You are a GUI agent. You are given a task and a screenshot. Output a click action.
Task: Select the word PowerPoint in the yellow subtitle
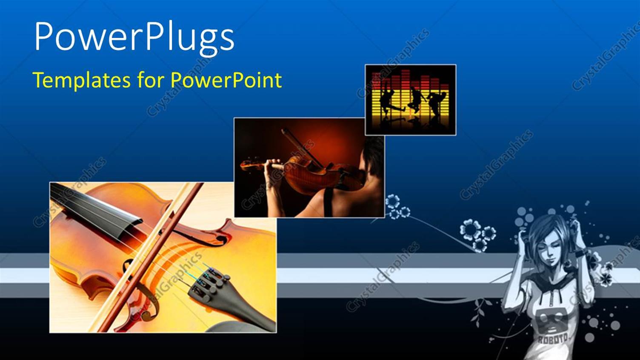[x=226, y=80]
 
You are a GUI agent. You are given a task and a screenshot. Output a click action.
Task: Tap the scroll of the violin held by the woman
[x=245, y=164]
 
